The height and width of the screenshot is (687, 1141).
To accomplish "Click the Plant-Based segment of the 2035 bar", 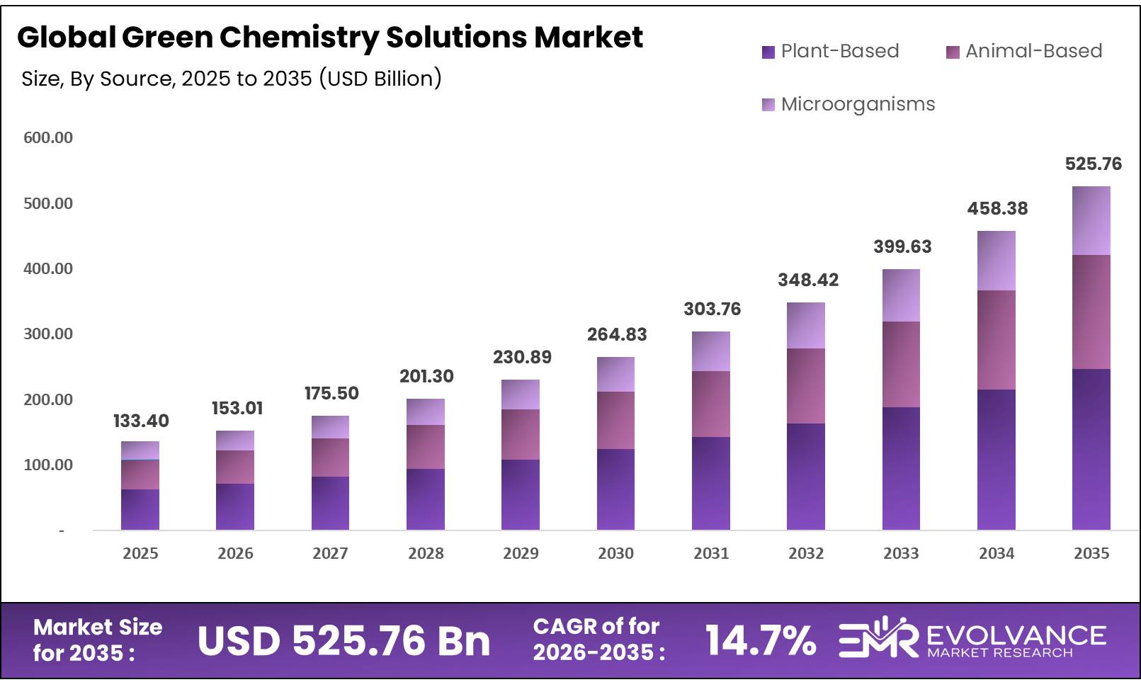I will click(x=1091, y=449).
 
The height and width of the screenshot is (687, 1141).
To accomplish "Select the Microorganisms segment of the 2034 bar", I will click(x=996, y=261).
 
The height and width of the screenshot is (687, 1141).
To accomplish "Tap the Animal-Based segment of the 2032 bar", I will click(x=805, y=386).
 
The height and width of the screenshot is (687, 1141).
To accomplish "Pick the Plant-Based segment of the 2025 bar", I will click(x=140, y=509).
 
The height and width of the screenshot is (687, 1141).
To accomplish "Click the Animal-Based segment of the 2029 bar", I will click(x=521, y=434).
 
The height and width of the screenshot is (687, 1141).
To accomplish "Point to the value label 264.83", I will click(x=617, y=334).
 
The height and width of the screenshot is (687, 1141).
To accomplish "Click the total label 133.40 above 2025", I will click(x=141, y=421).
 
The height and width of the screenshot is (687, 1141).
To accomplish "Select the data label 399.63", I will click(x=902, y=246).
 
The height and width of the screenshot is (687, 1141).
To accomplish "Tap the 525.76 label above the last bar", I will click(x=1093, y=164).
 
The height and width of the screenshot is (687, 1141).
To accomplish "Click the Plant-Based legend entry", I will click(x=830, y=51).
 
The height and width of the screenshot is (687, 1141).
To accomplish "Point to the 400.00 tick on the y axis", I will click(x=48, y=268).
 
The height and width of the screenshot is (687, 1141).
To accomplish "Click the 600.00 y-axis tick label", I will click(x=48, y=137).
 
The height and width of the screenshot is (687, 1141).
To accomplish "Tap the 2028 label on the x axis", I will click(x=426, y=553).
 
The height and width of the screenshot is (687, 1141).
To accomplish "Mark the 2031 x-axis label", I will click(x=711, y=553).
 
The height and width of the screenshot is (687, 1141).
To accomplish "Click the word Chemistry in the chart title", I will click(x=298, y=37).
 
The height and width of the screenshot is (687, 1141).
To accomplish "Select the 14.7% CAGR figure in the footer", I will click(x=760, y=640).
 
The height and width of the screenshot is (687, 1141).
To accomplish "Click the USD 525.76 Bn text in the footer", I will click(x=344, y=641).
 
